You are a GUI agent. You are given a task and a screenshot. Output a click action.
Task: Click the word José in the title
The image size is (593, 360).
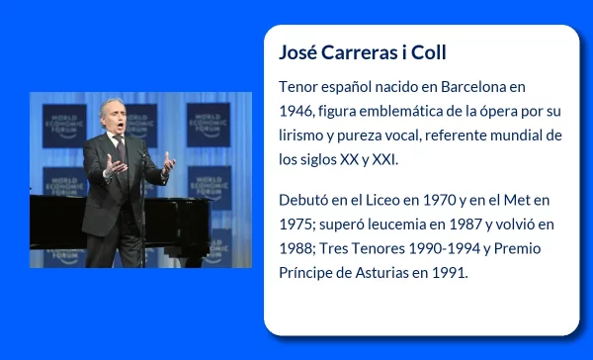(x=299, y=51)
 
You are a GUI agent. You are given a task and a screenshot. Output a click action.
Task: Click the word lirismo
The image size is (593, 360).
(x=305, y=135)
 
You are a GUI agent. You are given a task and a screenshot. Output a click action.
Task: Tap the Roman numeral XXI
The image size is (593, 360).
(x=381, y=159)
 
